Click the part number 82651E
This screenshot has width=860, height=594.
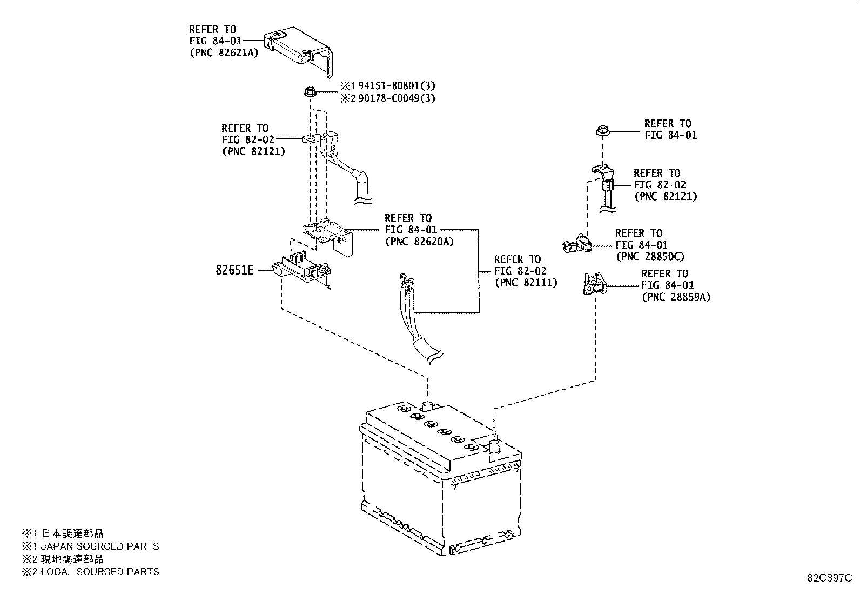(234, 270)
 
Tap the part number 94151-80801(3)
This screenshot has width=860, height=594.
(397, 85)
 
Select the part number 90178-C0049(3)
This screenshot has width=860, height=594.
(397, 98)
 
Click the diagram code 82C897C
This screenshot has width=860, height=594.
(829, 578)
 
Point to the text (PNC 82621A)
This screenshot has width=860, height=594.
(224, 52)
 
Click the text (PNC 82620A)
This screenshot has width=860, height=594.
(419, 241)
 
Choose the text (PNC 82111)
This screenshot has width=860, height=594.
(526, 282)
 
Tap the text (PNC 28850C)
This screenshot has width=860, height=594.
(650, 256)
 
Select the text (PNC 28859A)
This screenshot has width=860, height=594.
(676, 297)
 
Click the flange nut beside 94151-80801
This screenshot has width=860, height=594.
(310, 92)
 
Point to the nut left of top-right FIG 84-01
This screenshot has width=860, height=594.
(603, 131)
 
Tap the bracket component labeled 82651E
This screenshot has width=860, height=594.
(302, 269)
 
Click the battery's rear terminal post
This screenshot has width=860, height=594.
(427, 406)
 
